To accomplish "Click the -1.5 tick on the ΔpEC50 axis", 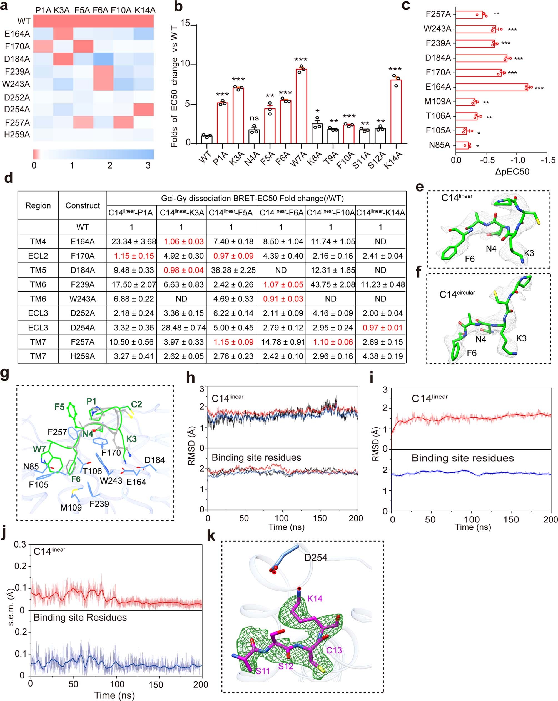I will [547, 160].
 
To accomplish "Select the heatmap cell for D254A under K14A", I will [143, 110].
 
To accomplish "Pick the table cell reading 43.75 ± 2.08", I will [330, 284].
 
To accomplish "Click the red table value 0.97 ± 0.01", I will [380, 327].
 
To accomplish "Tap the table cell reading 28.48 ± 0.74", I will [181, 327].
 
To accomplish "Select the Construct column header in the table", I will [83, 205].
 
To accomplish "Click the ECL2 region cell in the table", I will [38, 256].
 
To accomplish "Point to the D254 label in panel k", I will [316, 558].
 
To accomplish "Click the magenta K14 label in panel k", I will [315, 598].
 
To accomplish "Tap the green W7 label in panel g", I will [39, 449].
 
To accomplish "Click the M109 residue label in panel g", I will [71, 507].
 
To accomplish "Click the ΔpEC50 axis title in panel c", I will [512, 171].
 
